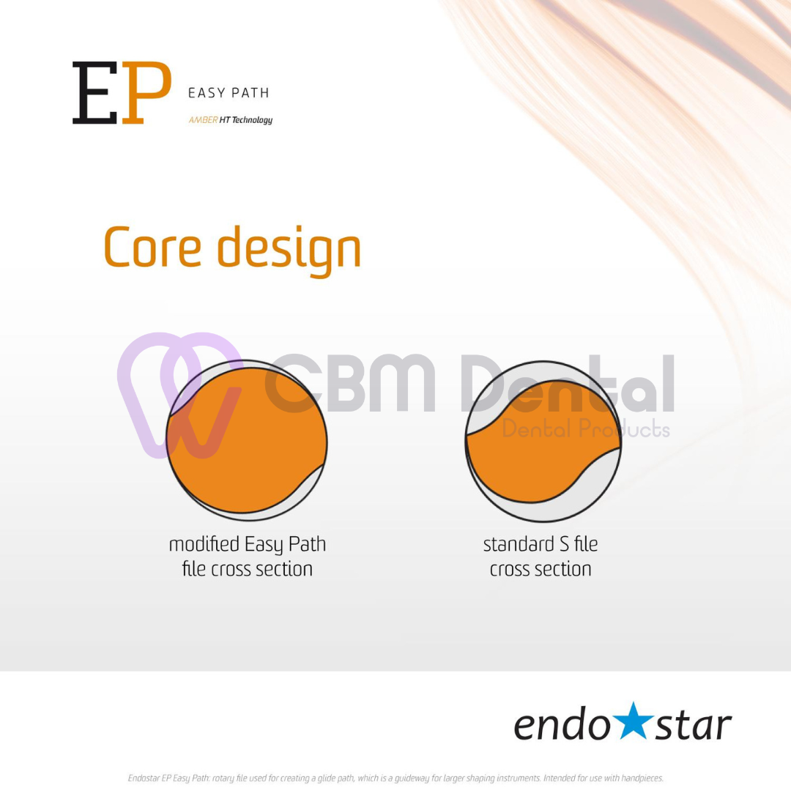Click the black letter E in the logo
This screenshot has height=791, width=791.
pos(94,93)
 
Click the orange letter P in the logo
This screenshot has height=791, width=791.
pos(146,93)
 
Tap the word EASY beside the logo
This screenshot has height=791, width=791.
pos(207,93)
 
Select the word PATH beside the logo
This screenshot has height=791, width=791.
pos(250,93)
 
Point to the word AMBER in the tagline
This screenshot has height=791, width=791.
pos(204,119)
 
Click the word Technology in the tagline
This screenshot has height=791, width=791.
pos(252,120)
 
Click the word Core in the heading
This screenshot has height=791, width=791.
pos(153,248)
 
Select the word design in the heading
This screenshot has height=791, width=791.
pos(289,250)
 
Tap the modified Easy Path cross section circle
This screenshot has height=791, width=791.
pos(247,440)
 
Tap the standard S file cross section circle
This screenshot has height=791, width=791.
pos(543,442)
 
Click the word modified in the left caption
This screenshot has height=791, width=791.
pos(204,543)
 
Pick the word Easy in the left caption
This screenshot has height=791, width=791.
pos(264,546)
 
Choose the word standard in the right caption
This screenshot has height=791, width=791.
pos(518,543)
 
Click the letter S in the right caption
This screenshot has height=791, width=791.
pos(564,544)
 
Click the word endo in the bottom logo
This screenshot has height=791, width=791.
pos(562,724)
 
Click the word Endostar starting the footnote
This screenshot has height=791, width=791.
pos(144,778)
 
